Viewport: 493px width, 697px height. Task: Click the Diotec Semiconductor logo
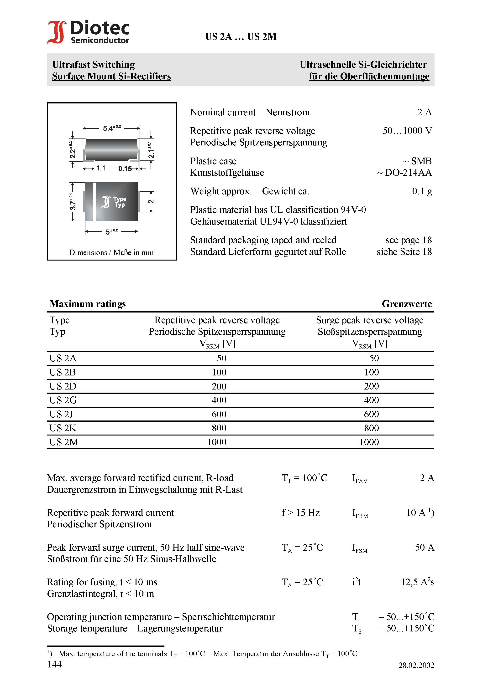(x=88, y=32)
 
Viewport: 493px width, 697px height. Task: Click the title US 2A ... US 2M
(x=241, y=37)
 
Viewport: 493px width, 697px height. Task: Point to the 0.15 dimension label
(x=125, y=169)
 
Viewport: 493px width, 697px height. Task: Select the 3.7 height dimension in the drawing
(x=72, y=202)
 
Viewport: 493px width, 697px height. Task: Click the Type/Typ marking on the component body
(x=120, y=202)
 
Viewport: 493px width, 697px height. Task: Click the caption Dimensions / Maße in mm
(x=111, y=253)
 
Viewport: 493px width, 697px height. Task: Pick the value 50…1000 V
(x=407, y=131)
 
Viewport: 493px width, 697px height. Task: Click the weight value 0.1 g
(x=422, y=191)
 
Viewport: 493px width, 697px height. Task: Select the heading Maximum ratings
(x=88, y=304)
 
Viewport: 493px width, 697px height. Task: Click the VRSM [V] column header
(x=370, y=344)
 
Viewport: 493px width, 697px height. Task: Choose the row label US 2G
(x=63, y=400)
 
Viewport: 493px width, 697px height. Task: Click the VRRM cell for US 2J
(x=219, y=414)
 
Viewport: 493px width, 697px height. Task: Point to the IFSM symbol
(x=360, y=548)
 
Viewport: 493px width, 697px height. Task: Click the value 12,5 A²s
(x=417, y=582)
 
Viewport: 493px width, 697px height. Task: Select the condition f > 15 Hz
(x=300, y=513)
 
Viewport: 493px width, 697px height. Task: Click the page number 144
(x=54, y=665)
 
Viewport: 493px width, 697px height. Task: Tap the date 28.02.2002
(x=416, y=666)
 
